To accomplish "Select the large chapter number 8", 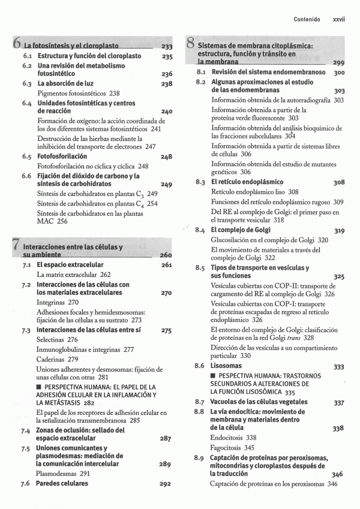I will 190,43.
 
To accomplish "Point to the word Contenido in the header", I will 307,20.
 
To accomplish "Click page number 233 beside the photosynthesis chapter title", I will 166,47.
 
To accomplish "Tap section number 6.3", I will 27,84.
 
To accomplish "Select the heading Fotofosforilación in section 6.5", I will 62,156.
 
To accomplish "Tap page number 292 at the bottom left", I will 166,484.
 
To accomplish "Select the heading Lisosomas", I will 226,366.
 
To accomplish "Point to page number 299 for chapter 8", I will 338,63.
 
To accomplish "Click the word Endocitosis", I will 227,438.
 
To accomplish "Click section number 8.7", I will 200,402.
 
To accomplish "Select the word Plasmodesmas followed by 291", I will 57,474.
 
